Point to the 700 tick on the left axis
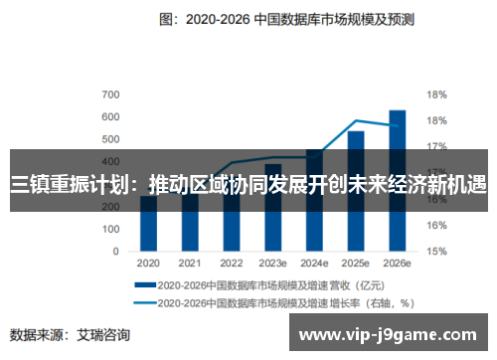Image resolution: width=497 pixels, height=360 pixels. point(111,94)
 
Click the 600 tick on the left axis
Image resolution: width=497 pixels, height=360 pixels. point(111,117)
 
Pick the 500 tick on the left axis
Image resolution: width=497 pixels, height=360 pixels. point(111,140)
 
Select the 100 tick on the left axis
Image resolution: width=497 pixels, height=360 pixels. point(111,229)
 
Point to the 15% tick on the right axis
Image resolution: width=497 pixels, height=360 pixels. point(435,252)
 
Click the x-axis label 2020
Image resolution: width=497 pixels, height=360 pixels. point(148,264)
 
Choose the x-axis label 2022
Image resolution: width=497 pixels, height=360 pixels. point(231,264)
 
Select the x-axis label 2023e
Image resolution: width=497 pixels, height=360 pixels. point(272,264)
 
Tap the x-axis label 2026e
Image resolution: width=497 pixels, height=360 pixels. point(397,264)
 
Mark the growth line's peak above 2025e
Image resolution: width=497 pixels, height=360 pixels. point(356,120)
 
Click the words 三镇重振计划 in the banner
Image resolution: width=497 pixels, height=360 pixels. point(65,184)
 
